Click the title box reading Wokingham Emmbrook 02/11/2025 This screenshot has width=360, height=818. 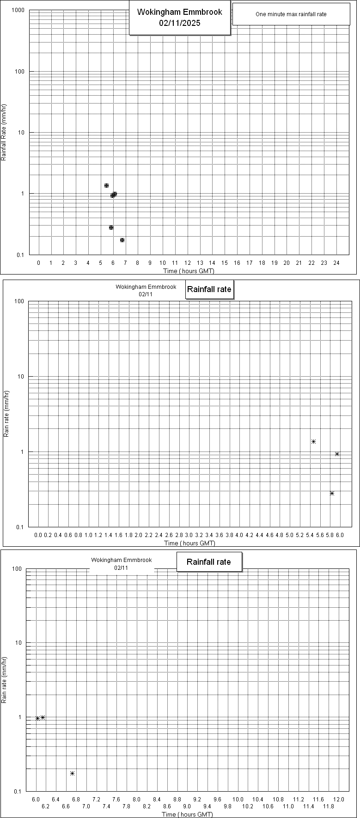pyautogui.click(x=179, y=18)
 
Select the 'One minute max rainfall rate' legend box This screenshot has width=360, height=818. pyautogui.click(x=291, y=14)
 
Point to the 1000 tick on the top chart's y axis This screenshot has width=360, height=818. pyautogui.click(x=18, y=10)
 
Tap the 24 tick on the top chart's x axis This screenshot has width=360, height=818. pyautogui.click(x=336, y=262)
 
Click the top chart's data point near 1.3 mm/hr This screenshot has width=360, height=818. pyautogui.click(x=106, y=185)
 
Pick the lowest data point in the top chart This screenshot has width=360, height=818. pyautogui.click(x=122, y=240)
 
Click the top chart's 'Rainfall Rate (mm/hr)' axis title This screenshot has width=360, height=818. pyautogui.click(x=4, y=133)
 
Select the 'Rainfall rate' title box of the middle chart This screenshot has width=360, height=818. pyautogui.click(x=209, y=290)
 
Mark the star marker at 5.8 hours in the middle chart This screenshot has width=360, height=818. pyautogui.click(x=332, y=493)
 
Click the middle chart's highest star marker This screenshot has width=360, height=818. pyautogui.click(x=313, y=442)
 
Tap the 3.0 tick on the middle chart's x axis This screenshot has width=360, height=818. pyautogui.click(x=189, y=535)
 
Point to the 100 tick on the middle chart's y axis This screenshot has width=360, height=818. pyautogui.click(x=19, y=301)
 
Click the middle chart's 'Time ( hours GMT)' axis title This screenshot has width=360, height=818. pyautogui.click(x=190, y=543)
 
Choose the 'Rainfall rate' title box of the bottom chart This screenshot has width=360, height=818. pyautogui.click(x=208, y=562)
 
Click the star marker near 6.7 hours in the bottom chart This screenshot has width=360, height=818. pyautogui.click(x=72, y=773)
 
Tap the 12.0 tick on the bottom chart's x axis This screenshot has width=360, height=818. pyautogui.click(x=339, y=799)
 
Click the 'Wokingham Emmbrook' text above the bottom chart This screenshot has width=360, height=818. pyautogui.click(x=121, y=560)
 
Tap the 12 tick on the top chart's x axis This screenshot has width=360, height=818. pyautogui.click(x=187, y=262)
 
